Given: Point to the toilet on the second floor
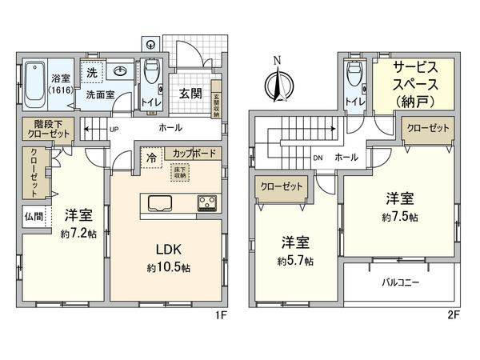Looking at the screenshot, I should [352, 78].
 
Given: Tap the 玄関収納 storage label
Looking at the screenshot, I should [216, 101].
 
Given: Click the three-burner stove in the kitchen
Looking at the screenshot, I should [206, 203].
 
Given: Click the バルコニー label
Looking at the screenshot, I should [398, 283].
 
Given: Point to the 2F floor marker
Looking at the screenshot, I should [453, 314].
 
